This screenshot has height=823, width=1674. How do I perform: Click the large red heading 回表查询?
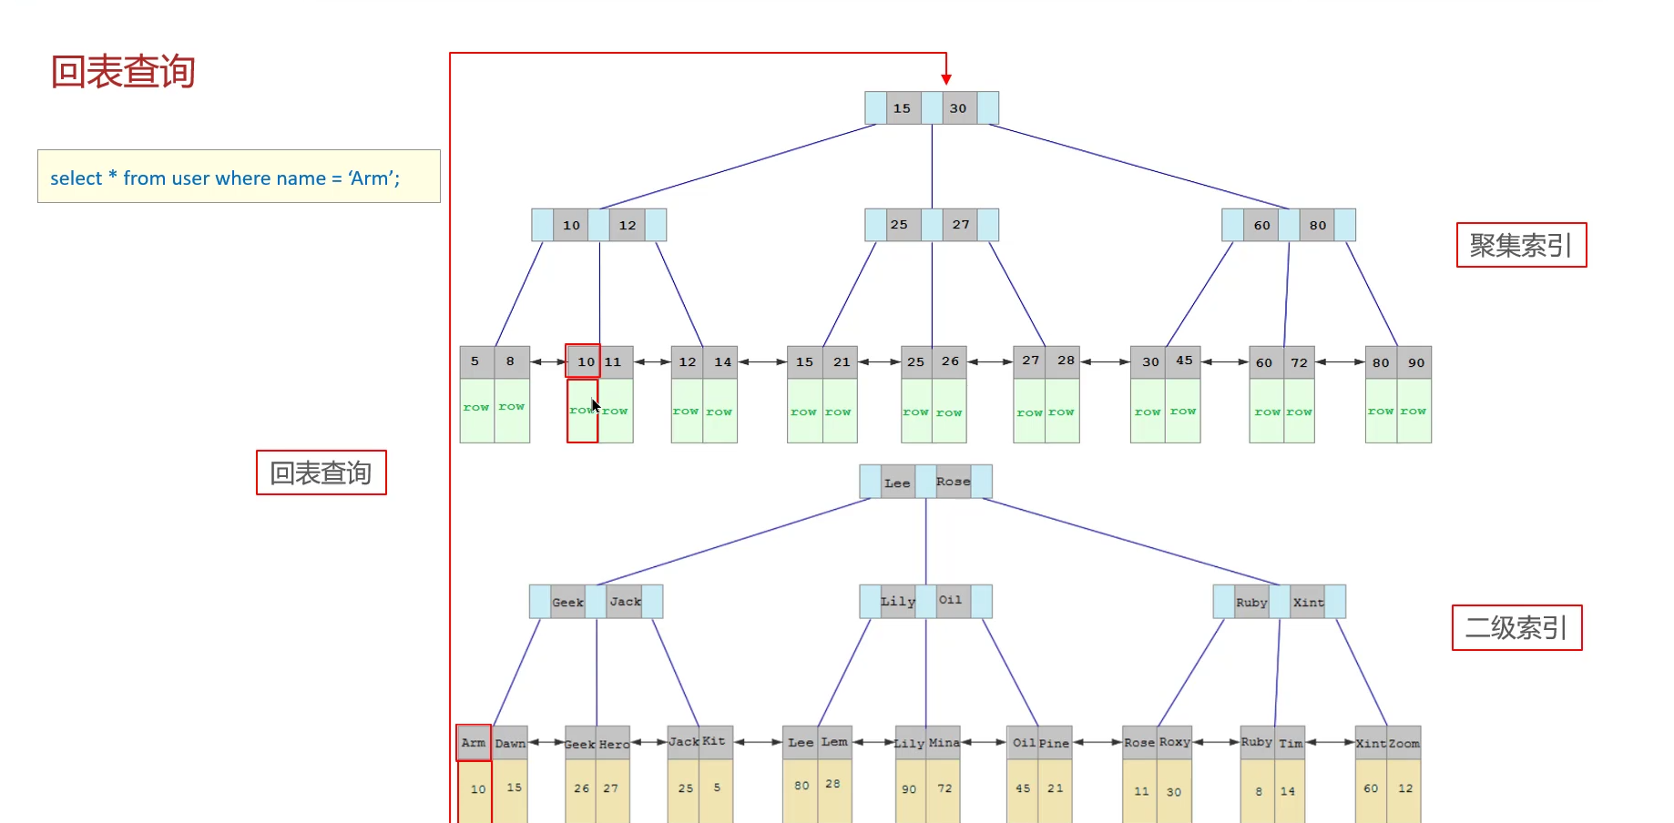coord(123,72)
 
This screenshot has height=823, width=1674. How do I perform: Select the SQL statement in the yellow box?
coord(225,178)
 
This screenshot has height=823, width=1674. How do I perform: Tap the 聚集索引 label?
coord(1520,245)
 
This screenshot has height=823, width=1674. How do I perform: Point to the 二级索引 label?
coord(1516,627)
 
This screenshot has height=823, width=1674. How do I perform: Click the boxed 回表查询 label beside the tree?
coord(321,472)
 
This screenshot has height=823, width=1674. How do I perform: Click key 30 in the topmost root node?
coord(958,108)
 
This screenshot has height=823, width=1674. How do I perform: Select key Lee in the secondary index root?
coord(897,483)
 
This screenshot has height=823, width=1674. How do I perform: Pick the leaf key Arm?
coord(474,743)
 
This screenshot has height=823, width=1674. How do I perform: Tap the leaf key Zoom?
coord(1404,744)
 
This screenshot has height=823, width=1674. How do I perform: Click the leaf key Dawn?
coord(510,744)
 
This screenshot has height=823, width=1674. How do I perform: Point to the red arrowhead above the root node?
coord(946,80)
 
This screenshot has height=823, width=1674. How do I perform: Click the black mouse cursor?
coord(596,406)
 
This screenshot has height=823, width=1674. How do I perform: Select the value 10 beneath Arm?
coord(478,789)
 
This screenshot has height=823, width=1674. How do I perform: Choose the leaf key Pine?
coord(1054,744)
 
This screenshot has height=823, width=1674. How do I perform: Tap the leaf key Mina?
coord(944,743)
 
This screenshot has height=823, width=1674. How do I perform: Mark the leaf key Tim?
coord(1291,744)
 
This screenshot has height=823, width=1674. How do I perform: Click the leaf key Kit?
coord(714,741)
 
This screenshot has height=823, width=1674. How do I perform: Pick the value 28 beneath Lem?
coord(832,784)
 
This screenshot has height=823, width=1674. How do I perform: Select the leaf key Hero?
coord(614,745)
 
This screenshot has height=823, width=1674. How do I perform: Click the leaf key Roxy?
coord(1174,742)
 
